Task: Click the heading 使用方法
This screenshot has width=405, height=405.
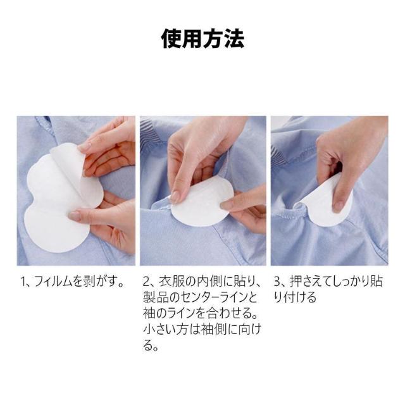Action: pos(202,40)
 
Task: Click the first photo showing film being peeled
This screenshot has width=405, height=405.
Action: pos(76,190)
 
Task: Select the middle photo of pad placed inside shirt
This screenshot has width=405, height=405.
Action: pos(202,190)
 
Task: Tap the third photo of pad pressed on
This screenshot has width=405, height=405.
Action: pos(329,190)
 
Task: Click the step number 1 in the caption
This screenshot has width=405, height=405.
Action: pos(20,280)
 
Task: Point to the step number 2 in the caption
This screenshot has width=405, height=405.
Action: pos(146,280)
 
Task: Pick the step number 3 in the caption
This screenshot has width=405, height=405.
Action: pos(277,280)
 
